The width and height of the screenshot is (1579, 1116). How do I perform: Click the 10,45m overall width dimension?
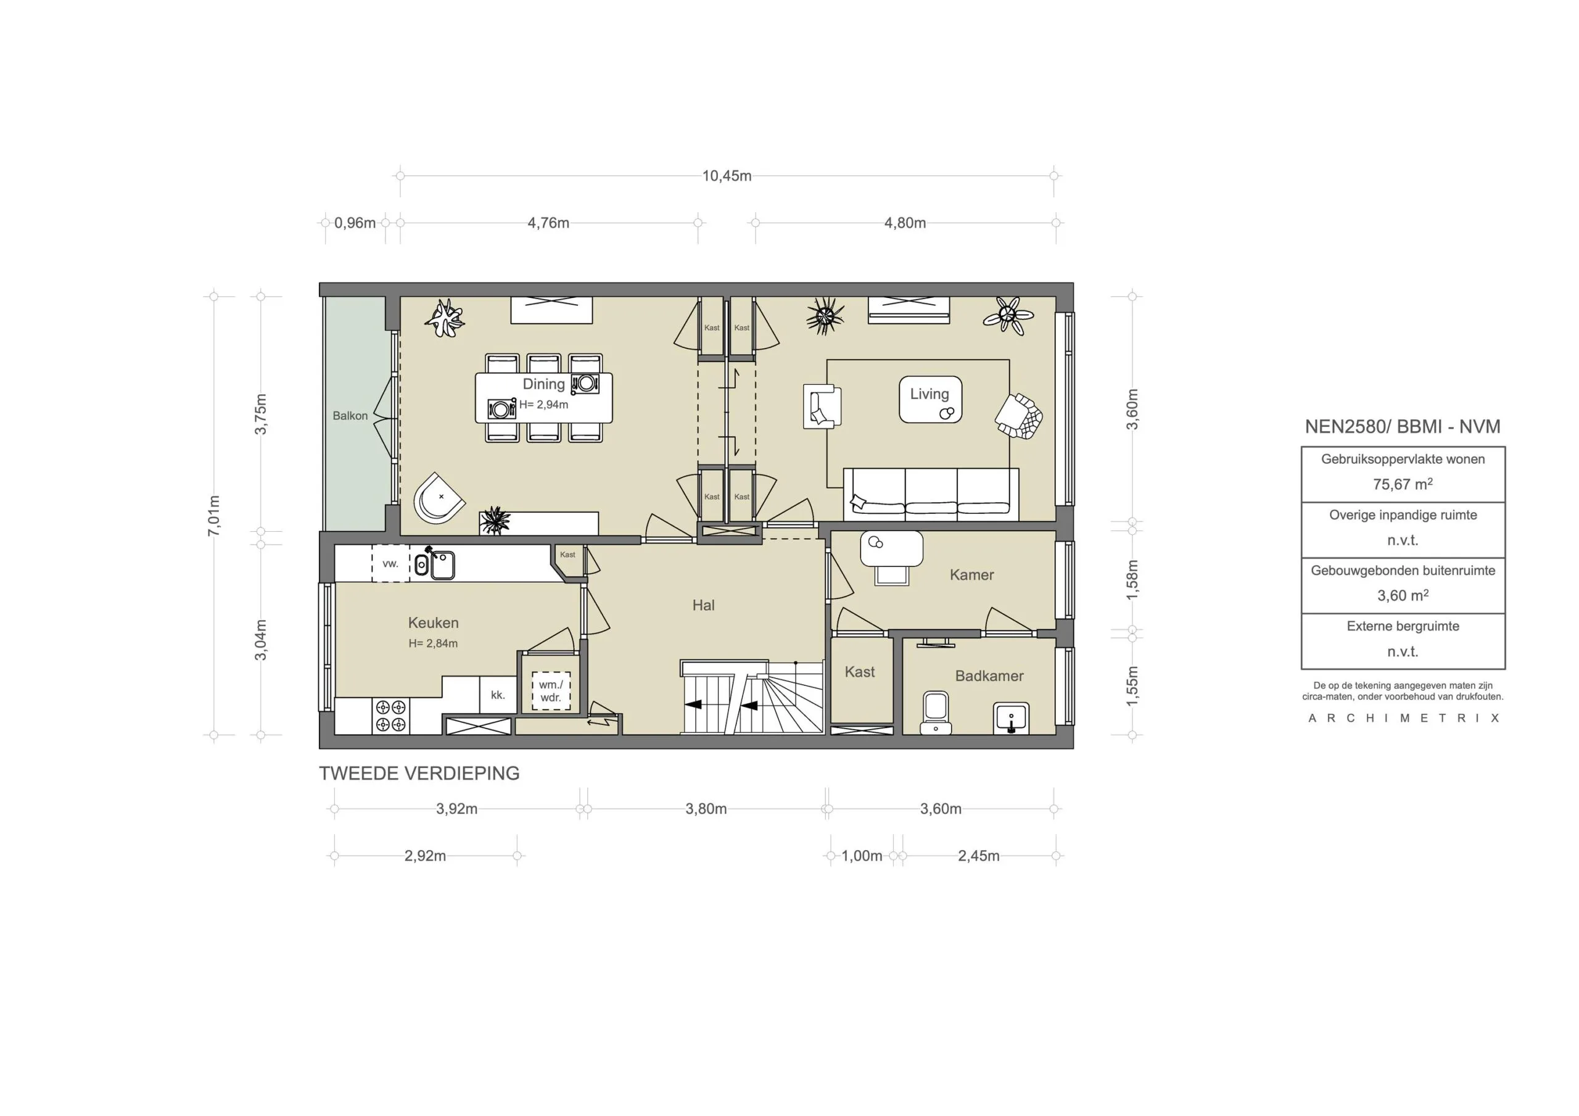point(726,176)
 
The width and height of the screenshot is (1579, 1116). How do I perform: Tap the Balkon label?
point(350,416)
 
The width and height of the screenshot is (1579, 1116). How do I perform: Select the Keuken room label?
point(433,622)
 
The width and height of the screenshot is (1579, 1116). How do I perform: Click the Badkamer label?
point(989,676)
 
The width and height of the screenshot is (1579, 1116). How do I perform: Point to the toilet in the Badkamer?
point(936,713)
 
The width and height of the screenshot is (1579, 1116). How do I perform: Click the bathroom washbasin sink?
point(1011,717)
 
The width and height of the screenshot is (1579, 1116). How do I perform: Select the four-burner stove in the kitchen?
point(391,716)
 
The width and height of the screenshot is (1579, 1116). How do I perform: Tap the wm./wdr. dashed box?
point(551,691)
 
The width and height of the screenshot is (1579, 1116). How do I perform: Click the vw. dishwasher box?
point(390,563)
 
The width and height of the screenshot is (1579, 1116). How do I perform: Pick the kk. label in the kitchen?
point(498,695)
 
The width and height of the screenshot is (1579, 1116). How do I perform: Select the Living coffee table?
point(930,399)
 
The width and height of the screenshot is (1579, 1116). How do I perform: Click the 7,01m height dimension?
point(214,515)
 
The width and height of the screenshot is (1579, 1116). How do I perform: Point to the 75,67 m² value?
point(1402,484)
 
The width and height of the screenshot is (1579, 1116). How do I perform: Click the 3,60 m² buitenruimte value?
point(1402,596)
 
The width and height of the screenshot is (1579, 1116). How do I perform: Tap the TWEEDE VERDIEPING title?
point(419,774)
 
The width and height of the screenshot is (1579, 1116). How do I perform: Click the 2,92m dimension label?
point(425,856)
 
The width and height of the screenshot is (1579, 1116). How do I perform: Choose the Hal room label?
point(703,605)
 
